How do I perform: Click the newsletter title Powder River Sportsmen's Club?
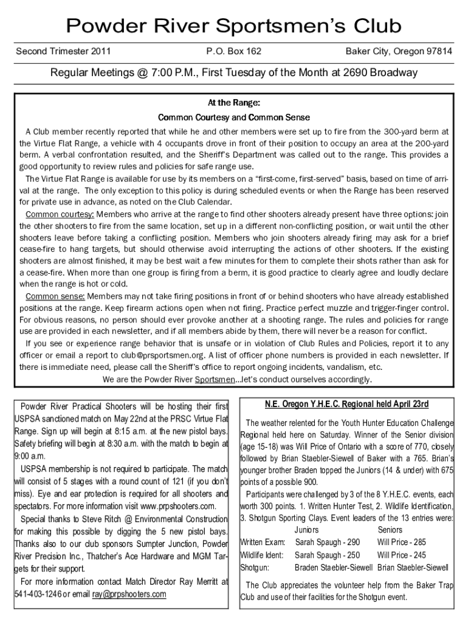(233, 26)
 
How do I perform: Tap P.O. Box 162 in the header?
(234, 52)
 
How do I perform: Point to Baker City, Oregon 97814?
(398, 52)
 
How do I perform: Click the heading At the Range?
(234, 103)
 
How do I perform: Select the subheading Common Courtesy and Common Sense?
(234, 117)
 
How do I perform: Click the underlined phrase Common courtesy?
(60, 215)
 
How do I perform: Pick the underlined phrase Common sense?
(55, 296)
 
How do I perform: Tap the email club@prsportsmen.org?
(160, 355)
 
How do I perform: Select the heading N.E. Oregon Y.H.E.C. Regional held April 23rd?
(347, 404)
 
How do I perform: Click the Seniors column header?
(390, 530)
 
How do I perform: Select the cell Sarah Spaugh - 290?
(327, 542)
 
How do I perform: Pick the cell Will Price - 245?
(401, 555)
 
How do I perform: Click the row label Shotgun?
(255, 568)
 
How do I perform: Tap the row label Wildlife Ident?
(262, 555)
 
